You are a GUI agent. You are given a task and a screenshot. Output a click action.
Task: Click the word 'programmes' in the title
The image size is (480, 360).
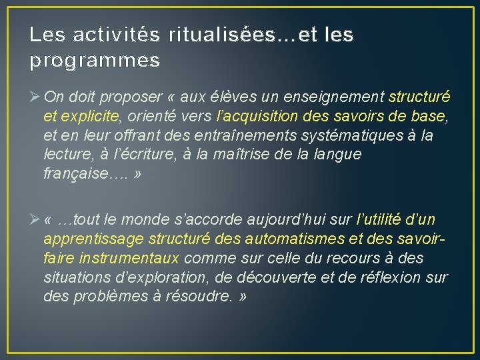point(95,61)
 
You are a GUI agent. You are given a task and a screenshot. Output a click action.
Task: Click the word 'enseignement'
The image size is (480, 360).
point(344,97)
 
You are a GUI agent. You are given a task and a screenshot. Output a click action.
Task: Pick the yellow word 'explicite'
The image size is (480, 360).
point(88,117)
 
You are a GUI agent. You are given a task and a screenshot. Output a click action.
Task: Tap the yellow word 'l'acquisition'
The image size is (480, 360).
point(255,117)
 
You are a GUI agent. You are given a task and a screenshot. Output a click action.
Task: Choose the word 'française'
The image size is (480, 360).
point(75,173)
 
